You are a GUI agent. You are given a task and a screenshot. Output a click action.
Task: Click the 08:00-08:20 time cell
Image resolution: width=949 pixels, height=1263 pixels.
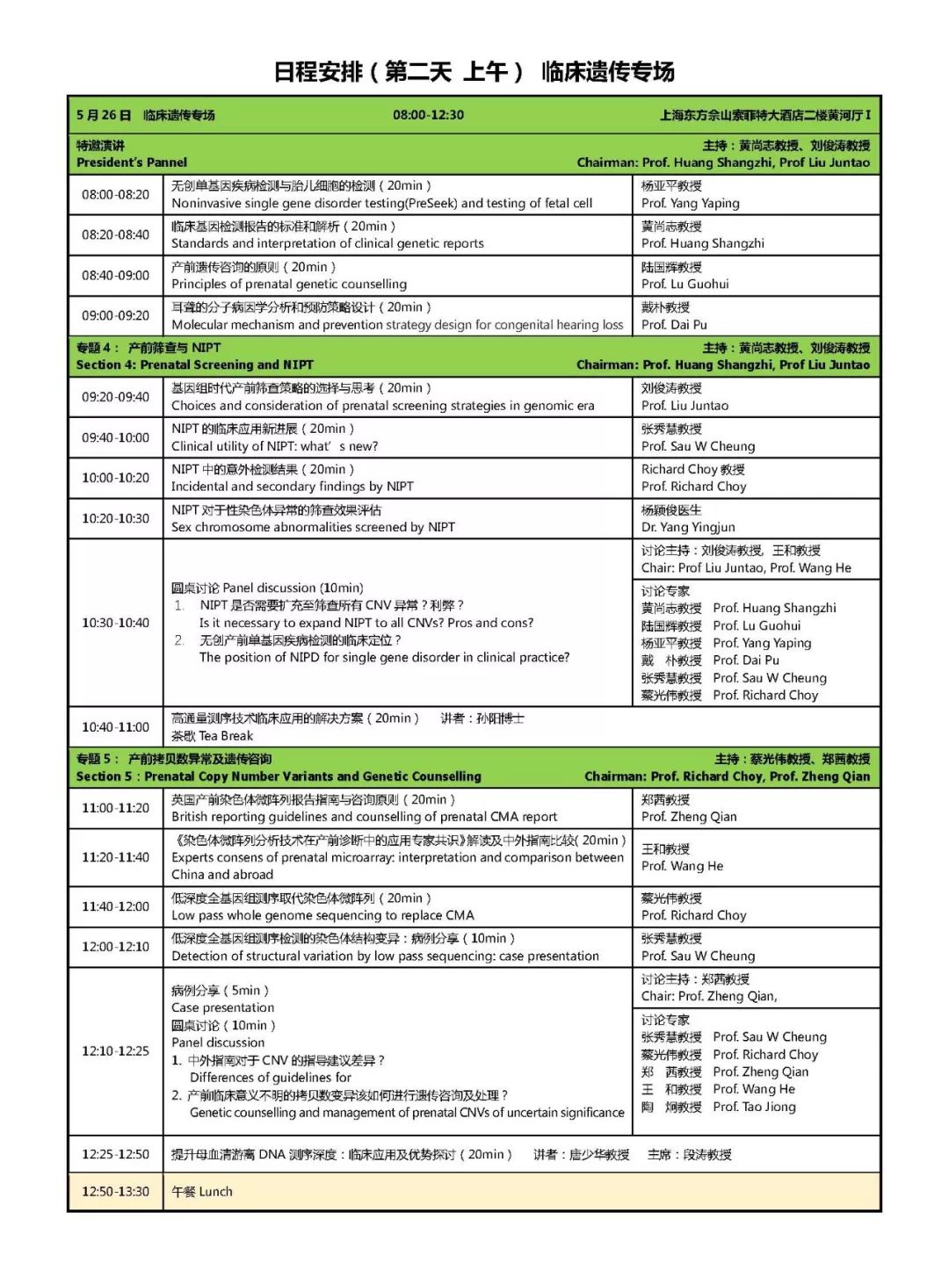(115, 194)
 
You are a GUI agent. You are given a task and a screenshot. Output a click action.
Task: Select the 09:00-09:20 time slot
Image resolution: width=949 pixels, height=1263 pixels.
(115, 315)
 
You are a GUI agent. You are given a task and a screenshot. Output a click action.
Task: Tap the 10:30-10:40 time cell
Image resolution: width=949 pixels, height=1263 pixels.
(115, 623)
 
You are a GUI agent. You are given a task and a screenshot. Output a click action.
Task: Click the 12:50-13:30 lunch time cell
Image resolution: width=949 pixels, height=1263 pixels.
(115, 1192)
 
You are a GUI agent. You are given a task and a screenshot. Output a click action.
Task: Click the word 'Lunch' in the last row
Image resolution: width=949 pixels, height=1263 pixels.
(215, 1192)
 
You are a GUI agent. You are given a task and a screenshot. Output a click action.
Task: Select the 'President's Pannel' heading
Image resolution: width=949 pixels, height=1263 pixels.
(132, 162)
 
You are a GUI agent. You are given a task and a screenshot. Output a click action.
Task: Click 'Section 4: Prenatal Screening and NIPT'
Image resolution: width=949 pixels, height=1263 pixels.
(194, 364)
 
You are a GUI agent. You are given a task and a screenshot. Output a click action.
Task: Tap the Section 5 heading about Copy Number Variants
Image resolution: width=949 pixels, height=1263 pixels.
(279, 776)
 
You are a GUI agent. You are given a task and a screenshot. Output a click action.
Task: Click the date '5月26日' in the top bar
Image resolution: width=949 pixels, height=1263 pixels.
(104, 115)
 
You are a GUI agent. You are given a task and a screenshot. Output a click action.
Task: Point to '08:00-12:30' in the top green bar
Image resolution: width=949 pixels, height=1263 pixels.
(428, 115)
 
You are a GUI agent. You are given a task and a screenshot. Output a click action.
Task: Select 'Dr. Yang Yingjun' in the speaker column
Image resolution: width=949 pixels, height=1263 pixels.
(688, 527)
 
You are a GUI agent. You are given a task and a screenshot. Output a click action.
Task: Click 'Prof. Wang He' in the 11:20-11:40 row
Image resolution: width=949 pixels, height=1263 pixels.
(682, 866)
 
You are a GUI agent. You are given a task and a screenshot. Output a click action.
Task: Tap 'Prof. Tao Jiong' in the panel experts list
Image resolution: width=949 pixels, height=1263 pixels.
(754, 1107)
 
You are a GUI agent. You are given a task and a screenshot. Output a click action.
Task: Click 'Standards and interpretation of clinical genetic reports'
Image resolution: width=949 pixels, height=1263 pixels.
(327, 243)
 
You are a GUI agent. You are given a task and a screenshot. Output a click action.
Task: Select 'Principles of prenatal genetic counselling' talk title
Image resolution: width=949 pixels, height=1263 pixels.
(288, 284)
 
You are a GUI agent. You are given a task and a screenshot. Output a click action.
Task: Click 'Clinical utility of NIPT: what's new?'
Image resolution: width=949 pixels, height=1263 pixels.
(274, 446)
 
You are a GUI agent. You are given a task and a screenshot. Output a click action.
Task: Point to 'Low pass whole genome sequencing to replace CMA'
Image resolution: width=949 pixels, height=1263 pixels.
(322, 915)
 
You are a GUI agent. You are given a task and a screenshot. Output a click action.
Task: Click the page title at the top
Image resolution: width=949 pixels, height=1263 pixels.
(474, 72)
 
